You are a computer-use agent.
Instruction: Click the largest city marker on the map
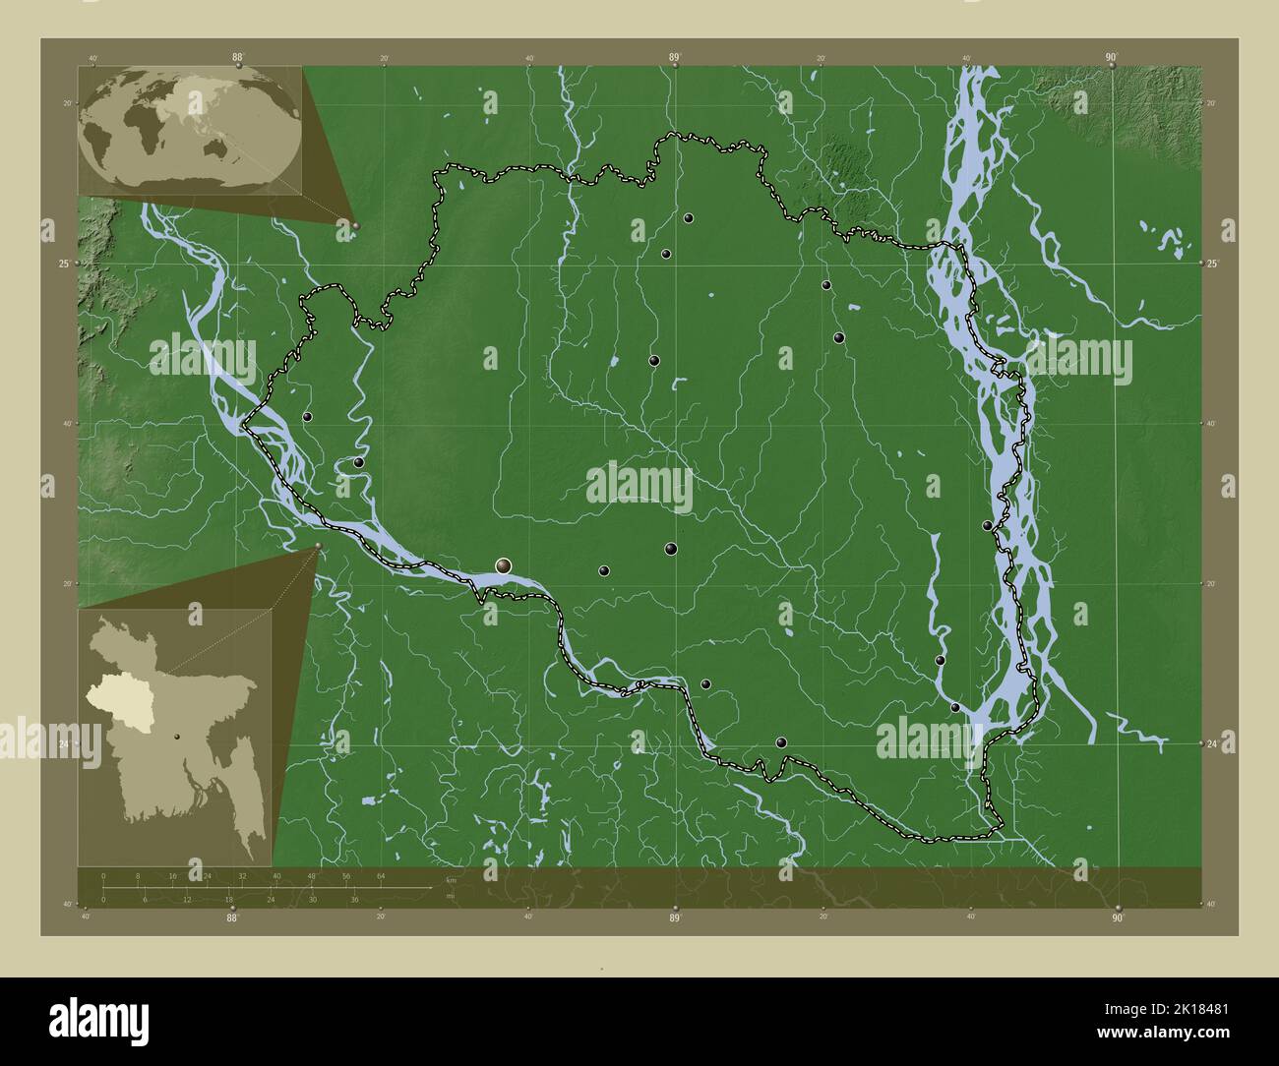pos(504,565)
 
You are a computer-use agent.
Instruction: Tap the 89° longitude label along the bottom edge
pos(675,918)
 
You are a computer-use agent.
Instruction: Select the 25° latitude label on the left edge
pos(64,264)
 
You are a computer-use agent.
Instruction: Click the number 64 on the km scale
pos(381,875)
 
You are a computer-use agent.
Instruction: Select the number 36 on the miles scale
pos(354,899)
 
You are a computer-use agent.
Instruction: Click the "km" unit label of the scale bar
pos(451,879)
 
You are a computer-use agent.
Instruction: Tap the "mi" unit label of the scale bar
pos(451,895)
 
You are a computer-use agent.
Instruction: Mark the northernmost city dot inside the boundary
pos(689,218)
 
